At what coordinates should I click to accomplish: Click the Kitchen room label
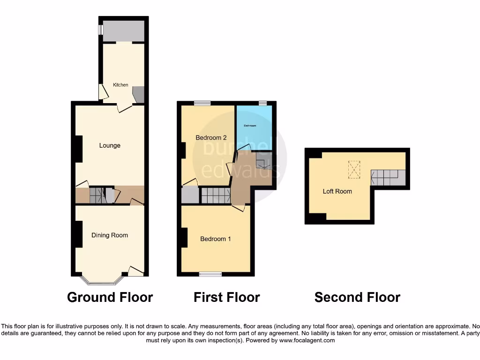click(x=120, y=85)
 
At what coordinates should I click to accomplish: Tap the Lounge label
click(x=110, y=145)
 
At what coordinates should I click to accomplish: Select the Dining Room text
click(x=110, y=235)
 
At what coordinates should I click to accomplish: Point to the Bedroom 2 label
click(x=211, y=138)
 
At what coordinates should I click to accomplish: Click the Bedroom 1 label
click(x=215, y=239)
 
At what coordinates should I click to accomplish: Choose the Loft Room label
click(x=337, y=191)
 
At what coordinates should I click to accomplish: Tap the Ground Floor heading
click(x=110, y=297)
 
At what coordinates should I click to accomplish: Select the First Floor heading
click(x=226, y=297)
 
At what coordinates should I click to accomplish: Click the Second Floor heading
click(x=357, y=297)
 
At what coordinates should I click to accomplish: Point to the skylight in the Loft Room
click(x=354, y=170)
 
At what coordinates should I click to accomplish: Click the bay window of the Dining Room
click(x=102, y=282)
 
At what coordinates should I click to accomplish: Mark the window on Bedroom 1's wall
click(x=210, y=274)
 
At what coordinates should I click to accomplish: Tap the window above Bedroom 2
click(x=202, y=103)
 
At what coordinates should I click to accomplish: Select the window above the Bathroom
click(x=262, y=103)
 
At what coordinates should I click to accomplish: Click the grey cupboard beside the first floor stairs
click(x=190, y=195)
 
